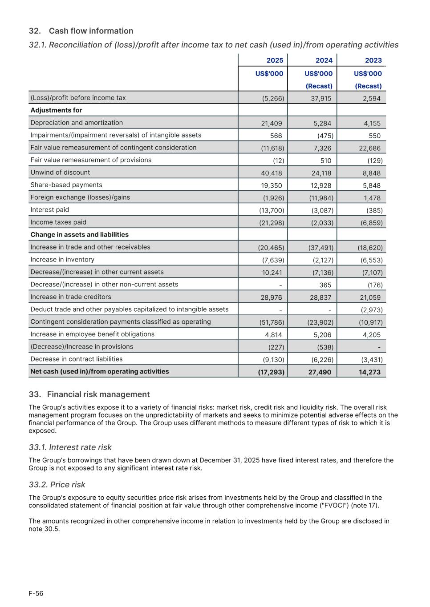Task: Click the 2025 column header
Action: click(275, 60)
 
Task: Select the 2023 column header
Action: click(373, 60)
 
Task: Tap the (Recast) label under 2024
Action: click(319, 86)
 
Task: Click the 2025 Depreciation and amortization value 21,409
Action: click(272, 123)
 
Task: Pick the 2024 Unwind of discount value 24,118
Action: click(321, 173)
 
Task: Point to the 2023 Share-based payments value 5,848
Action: click(372, 185)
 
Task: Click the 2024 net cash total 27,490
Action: click(320, 372)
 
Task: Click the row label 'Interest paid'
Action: click(50, 210)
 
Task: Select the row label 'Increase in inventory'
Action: click(62, 260)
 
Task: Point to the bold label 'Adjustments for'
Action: click(56, 110)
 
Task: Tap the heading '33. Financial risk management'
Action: click(89, 394)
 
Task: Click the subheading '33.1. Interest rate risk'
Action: click(70, 447)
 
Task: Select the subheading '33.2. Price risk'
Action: click(57, 485)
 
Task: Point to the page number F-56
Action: click(36, 594)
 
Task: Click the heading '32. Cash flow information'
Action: click(81, 31)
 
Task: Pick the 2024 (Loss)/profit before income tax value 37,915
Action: click(321, 98)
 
